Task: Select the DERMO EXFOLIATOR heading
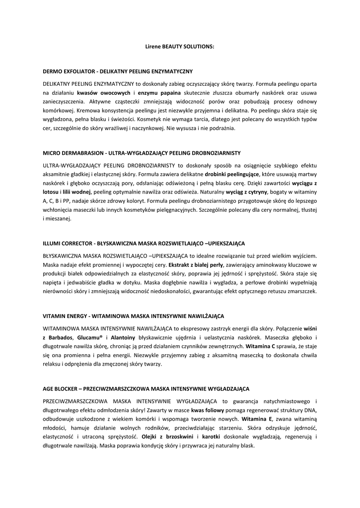pos(118,72)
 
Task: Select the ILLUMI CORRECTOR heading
pos(144,244)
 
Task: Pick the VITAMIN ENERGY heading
pos(134,316)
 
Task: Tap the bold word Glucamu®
pos(89,337)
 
